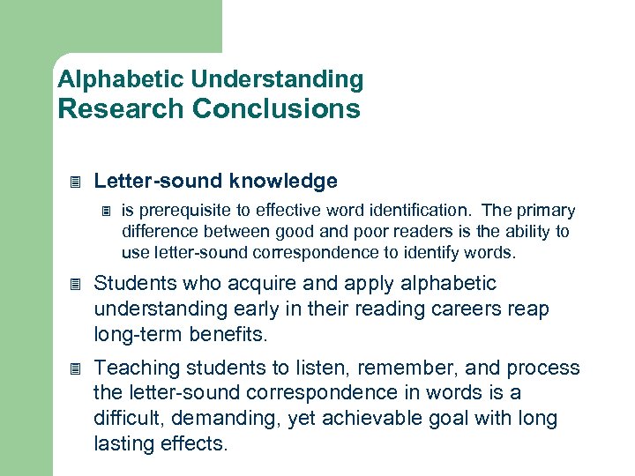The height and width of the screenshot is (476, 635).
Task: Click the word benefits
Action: click(236, 335)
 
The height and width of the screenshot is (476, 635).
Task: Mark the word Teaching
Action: click(133, 368)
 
